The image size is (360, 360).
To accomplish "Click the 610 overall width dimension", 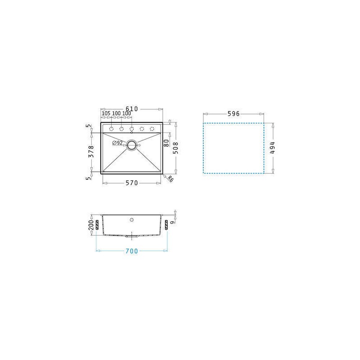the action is coord(131,109).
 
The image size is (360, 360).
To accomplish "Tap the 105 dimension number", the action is coord(106,113).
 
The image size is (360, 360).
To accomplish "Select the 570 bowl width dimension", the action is coord(131,183).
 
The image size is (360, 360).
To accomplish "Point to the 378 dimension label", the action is coord(91,151).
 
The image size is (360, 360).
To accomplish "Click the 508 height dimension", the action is coord(175,148).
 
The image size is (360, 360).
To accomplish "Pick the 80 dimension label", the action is coord(166,143).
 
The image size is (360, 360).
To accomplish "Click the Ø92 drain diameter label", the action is coord(117,143).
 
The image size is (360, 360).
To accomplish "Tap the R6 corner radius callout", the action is coord(170,179).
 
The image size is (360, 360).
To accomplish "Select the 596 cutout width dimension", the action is coord(234,114).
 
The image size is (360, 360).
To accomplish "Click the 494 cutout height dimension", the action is coord(272,148).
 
